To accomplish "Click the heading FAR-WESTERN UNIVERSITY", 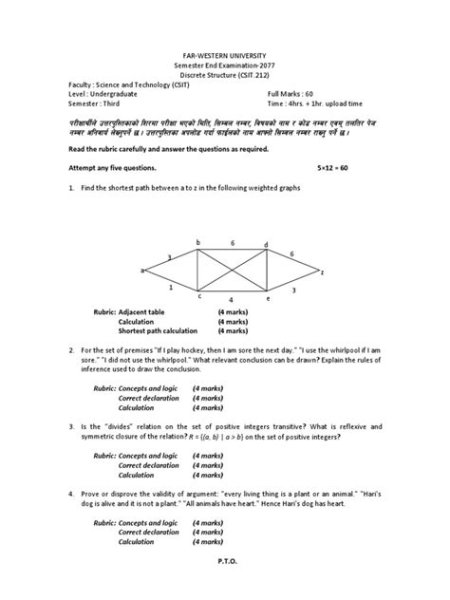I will (225, 56).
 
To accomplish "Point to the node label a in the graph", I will (142, 271).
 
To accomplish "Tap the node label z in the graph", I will (322, 272).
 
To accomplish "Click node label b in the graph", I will (197, 243).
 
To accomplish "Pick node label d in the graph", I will (266, 245).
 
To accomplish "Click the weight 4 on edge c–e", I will (232, 301).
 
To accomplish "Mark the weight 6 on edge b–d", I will (232, 243).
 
